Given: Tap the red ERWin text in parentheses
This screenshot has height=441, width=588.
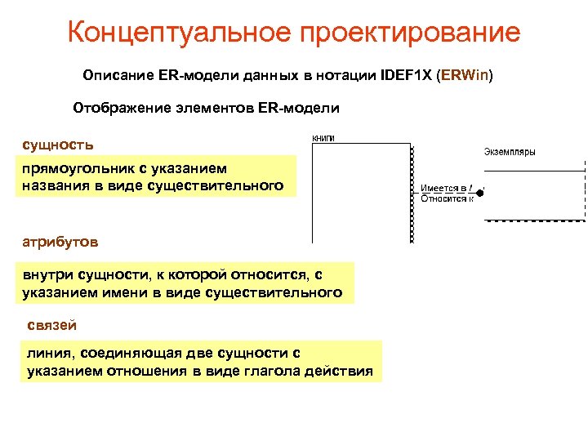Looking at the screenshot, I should pyautogui.click(x=466, y=76).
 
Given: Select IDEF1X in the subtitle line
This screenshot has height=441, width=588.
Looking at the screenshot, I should pyautogui.click(x=407, y=76).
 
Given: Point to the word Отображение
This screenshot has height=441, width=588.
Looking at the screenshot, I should pyautogui.click(x=120, y=108).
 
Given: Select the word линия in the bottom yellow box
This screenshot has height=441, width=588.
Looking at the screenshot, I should pyautogui.click(x=48, y=353).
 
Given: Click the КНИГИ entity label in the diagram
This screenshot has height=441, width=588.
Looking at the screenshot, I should pyautogui.click(x=324, y=138).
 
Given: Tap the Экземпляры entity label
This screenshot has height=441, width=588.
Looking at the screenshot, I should pyautogui.click(x=510, y=151).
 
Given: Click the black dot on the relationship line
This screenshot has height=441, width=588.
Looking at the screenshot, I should pyautogui.click(x=480, y=193).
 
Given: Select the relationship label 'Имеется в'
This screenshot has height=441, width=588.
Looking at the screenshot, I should pyautogui.click(x=443, y=187).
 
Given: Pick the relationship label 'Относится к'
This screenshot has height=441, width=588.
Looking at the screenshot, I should pyautogui.click(x=446, y=198).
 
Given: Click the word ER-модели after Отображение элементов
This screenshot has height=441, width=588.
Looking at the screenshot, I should pyautogui.click(x=298, y=108).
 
